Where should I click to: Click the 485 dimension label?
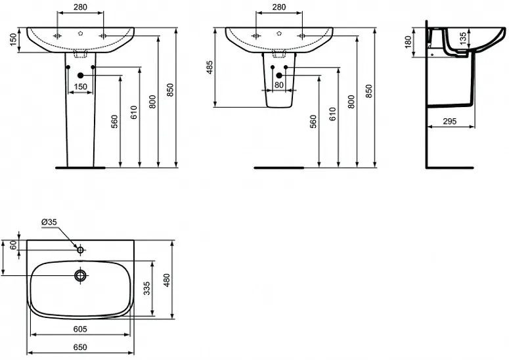[210, 67]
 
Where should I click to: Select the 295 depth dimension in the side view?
[450, 121]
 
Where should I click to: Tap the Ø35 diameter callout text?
[49, 222]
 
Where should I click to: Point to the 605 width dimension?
[80, 329]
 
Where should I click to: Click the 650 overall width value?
[80, 348]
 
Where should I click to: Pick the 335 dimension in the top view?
[147, 288]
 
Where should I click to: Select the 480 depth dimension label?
[167, 280]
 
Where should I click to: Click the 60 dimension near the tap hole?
[13, 245]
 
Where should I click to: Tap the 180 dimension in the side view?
[408, 42]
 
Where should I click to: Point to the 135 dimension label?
[462, 38]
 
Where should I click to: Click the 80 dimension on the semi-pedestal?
[279, 85]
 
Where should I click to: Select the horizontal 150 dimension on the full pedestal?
[81, 87]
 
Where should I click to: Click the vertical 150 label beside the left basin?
[13, 40]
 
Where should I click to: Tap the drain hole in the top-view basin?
[80, 275]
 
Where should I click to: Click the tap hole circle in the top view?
[80, 250]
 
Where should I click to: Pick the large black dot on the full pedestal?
[81, 76]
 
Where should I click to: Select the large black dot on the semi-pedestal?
[279, 76]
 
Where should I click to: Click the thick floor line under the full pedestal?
[81, 168]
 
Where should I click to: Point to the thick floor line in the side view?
[450, 168]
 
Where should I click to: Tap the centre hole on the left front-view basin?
[81, 33]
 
